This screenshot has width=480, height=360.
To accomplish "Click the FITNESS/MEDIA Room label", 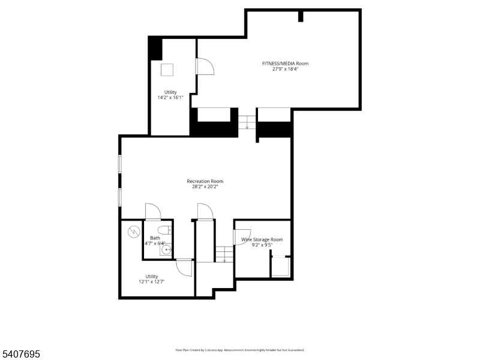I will (285, 63).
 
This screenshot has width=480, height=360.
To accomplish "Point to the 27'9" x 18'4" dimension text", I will (285, 69).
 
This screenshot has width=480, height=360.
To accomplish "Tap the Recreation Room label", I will (205, 181).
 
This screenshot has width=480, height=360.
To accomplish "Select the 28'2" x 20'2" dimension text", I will (205, 187).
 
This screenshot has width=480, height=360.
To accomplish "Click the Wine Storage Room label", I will (262, 239).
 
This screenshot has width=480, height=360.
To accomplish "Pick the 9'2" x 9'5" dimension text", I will (262, 245).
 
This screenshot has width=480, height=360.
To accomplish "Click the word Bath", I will (155, 238).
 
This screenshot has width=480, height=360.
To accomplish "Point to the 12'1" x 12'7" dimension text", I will (151, 281).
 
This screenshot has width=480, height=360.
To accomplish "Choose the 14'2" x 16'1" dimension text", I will (170, 97).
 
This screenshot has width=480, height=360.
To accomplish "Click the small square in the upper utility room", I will (167, 70).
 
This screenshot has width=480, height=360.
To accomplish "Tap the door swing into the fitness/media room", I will (205, 66).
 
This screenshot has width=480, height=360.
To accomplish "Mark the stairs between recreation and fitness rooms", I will (247, 122).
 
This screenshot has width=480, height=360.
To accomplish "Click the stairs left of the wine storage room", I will (224, 254).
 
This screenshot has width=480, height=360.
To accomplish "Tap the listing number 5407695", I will (20, 355).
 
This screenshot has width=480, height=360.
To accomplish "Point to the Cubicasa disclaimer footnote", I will (239, 350).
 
